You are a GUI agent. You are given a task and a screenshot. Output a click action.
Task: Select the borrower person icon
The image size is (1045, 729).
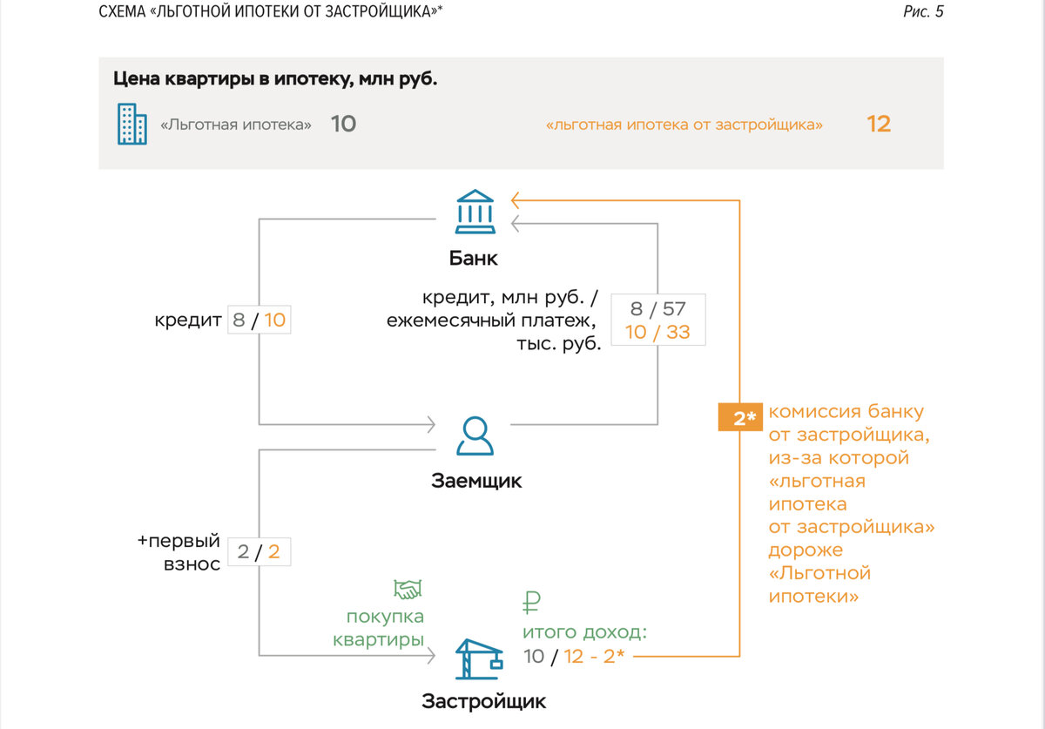475,435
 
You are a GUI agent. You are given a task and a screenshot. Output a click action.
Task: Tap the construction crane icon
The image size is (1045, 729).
478,659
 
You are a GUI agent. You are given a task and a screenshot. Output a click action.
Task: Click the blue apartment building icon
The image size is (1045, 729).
132,124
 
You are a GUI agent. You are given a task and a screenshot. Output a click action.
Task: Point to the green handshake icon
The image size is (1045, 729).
407,590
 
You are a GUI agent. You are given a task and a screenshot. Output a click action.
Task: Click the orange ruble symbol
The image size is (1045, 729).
531,602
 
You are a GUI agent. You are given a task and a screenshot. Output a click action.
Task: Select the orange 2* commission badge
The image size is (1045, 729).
740,418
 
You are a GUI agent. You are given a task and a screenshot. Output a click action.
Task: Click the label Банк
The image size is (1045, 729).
474,259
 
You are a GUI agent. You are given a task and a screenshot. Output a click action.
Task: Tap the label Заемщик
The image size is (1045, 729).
476,480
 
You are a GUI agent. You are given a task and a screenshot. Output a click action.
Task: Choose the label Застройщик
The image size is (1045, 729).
483,702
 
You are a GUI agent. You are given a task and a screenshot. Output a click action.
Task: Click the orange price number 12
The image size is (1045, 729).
879,124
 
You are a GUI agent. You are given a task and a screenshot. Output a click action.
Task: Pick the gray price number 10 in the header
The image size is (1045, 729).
343,124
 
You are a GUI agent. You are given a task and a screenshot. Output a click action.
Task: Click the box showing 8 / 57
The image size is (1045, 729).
657,309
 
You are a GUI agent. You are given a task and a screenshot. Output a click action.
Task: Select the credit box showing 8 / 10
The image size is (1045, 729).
259,320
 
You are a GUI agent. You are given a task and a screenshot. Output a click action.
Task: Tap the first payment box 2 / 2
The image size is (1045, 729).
259,552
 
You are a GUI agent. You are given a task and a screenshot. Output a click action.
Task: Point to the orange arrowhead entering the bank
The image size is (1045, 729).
517,199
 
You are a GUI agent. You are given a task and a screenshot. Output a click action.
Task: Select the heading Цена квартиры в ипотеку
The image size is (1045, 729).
275,78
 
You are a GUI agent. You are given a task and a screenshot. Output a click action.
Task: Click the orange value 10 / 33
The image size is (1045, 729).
657,332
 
